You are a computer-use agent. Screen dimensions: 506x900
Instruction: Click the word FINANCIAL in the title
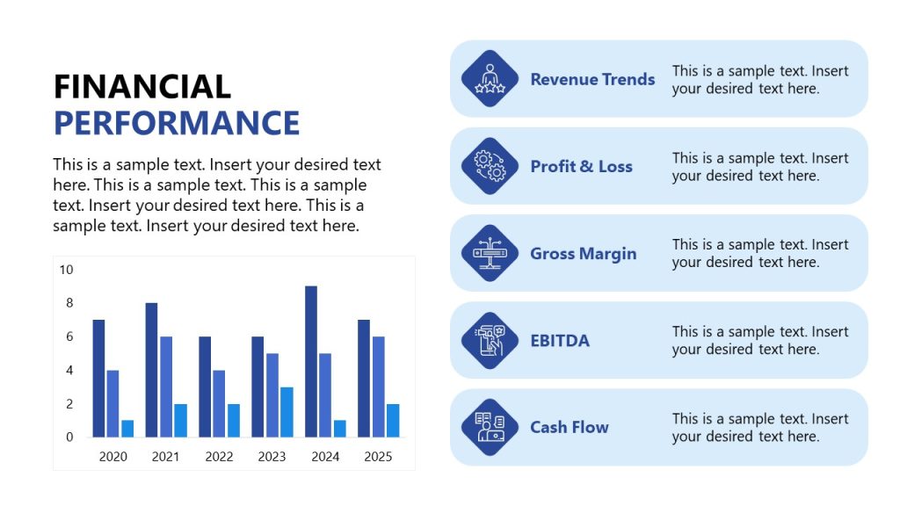[x=142, y=86]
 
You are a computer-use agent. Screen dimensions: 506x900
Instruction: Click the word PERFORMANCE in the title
[x=177, y=123]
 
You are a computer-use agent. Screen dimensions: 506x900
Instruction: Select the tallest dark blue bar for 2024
[x=311, y=361]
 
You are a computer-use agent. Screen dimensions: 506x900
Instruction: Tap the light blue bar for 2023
[x=287, y=411]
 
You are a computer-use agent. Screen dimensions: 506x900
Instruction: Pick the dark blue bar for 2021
[x=151, y=370]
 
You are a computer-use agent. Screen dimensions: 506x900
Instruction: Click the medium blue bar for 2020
[x=112, y=403]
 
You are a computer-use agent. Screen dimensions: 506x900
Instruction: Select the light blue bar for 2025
[x=393, y=420]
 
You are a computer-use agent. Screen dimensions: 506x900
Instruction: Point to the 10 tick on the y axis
[x=67, y=270]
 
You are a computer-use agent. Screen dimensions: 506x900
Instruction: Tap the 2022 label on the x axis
[x=219, y=457]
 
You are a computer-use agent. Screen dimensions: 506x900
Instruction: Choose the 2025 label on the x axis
[x=378, y=457]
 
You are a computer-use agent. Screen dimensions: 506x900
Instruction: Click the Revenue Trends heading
[x=592, y=79]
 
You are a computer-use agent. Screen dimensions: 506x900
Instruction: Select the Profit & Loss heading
[x=581, y=166]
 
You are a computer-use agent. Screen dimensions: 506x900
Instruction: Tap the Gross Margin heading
[x=583, y=253]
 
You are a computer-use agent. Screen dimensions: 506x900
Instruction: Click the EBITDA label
[x=560, y=341]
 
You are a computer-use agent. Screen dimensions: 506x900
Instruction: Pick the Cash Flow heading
[x=569, y=428]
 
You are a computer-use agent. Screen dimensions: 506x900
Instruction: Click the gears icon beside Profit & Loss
[x=490, y=166]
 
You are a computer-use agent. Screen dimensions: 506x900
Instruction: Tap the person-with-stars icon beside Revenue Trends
[x=490, y=79]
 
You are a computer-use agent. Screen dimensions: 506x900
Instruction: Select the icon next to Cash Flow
[x=490, y=428]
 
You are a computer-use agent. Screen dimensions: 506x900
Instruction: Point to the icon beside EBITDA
[x=490, y=341]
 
